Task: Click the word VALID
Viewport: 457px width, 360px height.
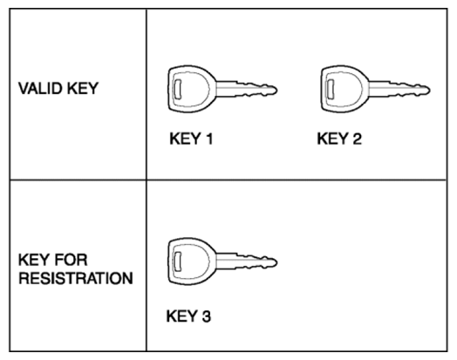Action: (x=40, y=88)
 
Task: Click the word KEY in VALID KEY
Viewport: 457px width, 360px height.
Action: (x=83, y=88)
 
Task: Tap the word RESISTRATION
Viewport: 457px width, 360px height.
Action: (x=76, y=278)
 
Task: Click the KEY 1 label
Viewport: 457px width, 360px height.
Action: (x=191, y=139)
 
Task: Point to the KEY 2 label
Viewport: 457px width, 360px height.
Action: (x=339, y=139)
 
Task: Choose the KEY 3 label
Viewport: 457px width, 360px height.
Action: (x=188, y=316)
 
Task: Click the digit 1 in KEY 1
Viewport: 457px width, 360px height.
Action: (x=209, y=139)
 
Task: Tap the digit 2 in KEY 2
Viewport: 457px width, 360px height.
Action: (x=357, y=139)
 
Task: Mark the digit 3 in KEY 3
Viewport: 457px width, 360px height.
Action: (x=206, y=316)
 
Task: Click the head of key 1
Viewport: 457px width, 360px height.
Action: (x=192, y=89)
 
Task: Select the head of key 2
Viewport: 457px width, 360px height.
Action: (x=344, y=89)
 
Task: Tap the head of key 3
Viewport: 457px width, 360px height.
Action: (x=192, y=262)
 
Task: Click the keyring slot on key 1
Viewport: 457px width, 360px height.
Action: (x=178, y=89)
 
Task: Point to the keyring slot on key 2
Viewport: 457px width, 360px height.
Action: (x=331, y=89)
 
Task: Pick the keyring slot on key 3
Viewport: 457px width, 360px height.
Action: (x=178, y=261)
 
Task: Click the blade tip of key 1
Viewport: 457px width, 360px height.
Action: (x=276, y=90)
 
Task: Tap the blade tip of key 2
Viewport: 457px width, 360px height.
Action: (x=429, y=90)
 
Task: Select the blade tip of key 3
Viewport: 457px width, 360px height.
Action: (x=276, y=262)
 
